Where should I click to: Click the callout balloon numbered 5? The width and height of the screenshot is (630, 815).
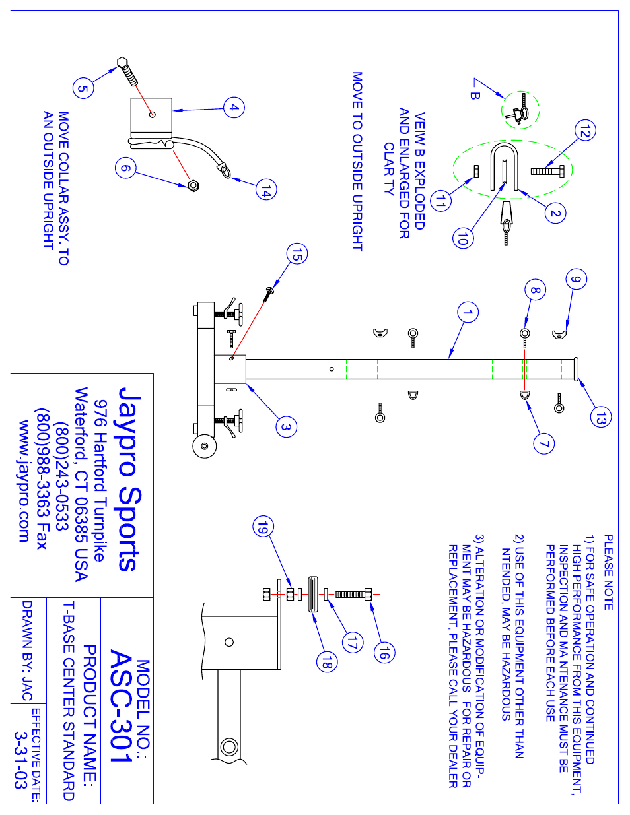pos(83,88)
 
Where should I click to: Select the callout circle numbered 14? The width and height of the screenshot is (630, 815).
pos(265,190)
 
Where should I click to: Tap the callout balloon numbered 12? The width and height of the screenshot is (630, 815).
pos(585,131)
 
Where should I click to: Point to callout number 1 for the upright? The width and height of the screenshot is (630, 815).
pos(468,312)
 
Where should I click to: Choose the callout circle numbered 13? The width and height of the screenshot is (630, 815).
pos(600,416)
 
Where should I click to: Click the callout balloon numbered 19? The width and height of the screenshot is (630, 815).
pos(263,527)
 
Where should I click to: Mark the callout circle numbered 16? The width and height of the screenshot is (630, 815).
pos(384,653)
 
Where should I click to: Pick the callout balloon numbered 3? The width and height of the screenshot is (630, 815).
pos(285,426)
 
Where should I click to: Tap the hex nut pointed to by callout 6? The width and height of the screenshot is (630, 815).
pos(193,185)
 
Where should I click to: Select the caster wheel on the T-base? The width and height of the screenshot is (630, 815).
pos(204,446)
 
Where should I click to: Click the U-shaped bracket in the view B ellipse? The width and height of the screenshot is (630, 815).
pos(504,166)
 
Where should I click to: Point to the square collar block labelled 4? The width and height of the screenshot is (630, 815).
pos(151,117)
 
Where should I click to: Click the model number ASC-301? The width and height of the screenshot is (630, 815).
pos(121,705)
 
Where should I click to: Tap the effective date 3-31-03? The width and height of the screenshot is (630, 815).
pos(21,760)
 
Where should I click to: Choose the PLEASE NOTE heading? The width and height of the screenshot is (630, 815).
pos(608,573)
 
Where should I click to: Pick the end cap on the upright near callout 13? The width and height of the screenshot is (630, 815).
pos(577,369)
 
